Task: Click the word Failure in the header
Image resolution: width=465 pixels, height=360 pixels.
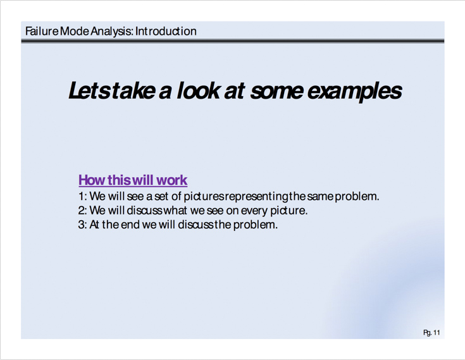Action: [x=42, y=31]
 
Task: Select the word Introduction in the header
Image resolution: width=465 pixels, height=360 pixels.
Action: [x=166, y=31]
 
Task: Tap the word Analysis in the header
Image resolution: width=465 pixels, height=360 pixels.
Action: [x=112, y=32]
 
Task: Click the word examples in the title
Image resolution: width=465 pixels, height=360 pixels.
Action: [x=355, y=91]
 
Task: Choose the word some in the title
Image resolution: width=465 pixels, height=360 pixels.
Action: [x=276, y=92]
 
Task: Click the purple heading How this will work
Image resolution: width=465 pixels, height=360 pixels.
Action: [x=133, y=180]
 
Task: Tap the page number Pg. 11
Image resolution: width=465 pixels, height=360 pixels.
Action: [x=431, y=333]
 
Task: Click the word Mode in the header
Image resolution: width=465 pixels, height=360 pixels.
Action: [x=74, y=31]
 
